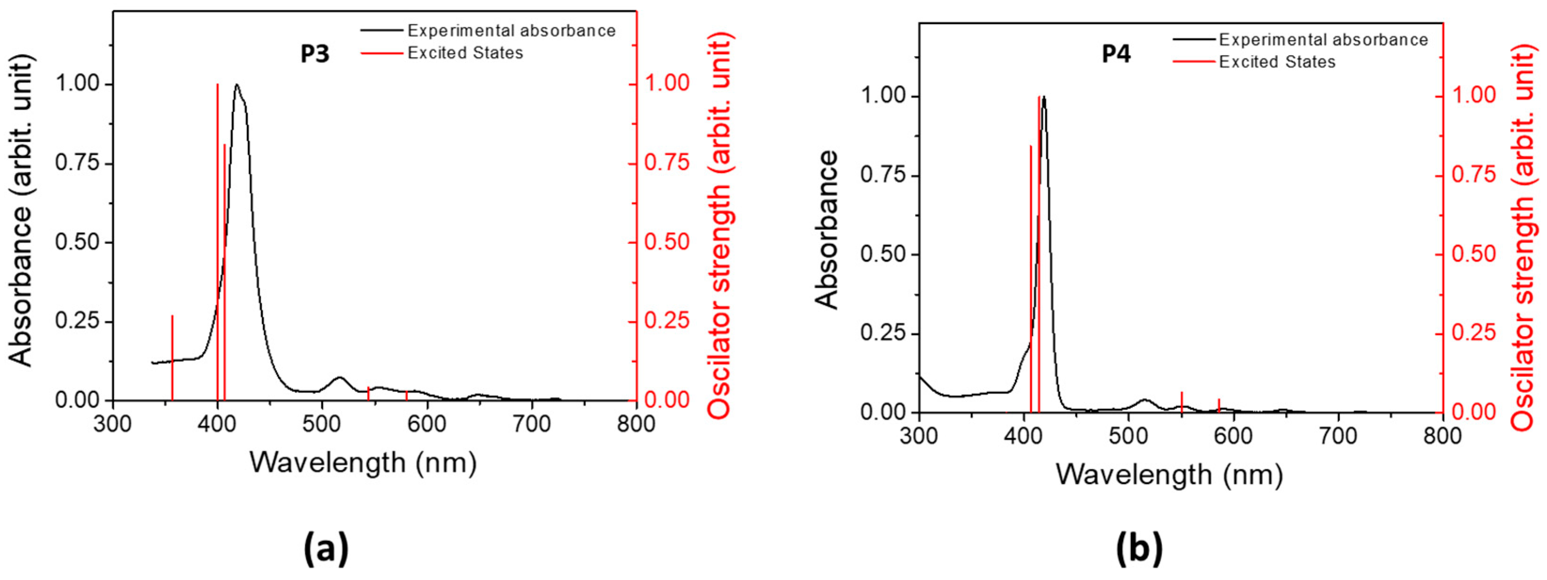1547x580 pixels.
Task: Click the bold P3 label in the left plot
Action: click(x=315, y=54)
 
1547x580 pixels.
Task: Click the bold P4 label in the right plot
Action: click(x=1116, y=55)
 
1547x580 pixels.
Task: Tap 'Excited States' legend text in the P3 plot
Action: click(x=465, y=53)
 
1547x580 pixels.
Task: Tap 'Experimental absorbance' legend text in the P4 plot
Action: click(x=1323, y=40)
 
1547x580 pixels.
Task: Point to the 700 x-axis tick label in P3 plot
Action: click(x=531, y=425)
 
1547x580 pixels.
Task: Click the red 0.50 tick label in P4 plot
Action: click(x=1473, y=253)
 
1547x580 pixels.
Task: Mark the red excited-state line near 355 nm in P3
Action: click(x=172, y=358)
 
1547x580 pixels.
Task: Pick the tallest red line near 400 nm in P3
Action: click(x=217, y=240)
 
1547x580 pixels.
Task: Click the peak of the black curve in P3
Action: click(x=237, y=85)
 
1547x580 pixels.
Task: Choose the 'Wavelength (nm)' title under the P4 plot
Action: click(x=1169, y=475)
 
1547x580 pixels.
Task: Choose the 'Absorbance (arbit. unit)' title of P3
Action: click(x=21, y=210)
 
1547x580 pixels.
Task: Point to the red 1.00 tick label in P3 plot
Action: click(x=666, y=83)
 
